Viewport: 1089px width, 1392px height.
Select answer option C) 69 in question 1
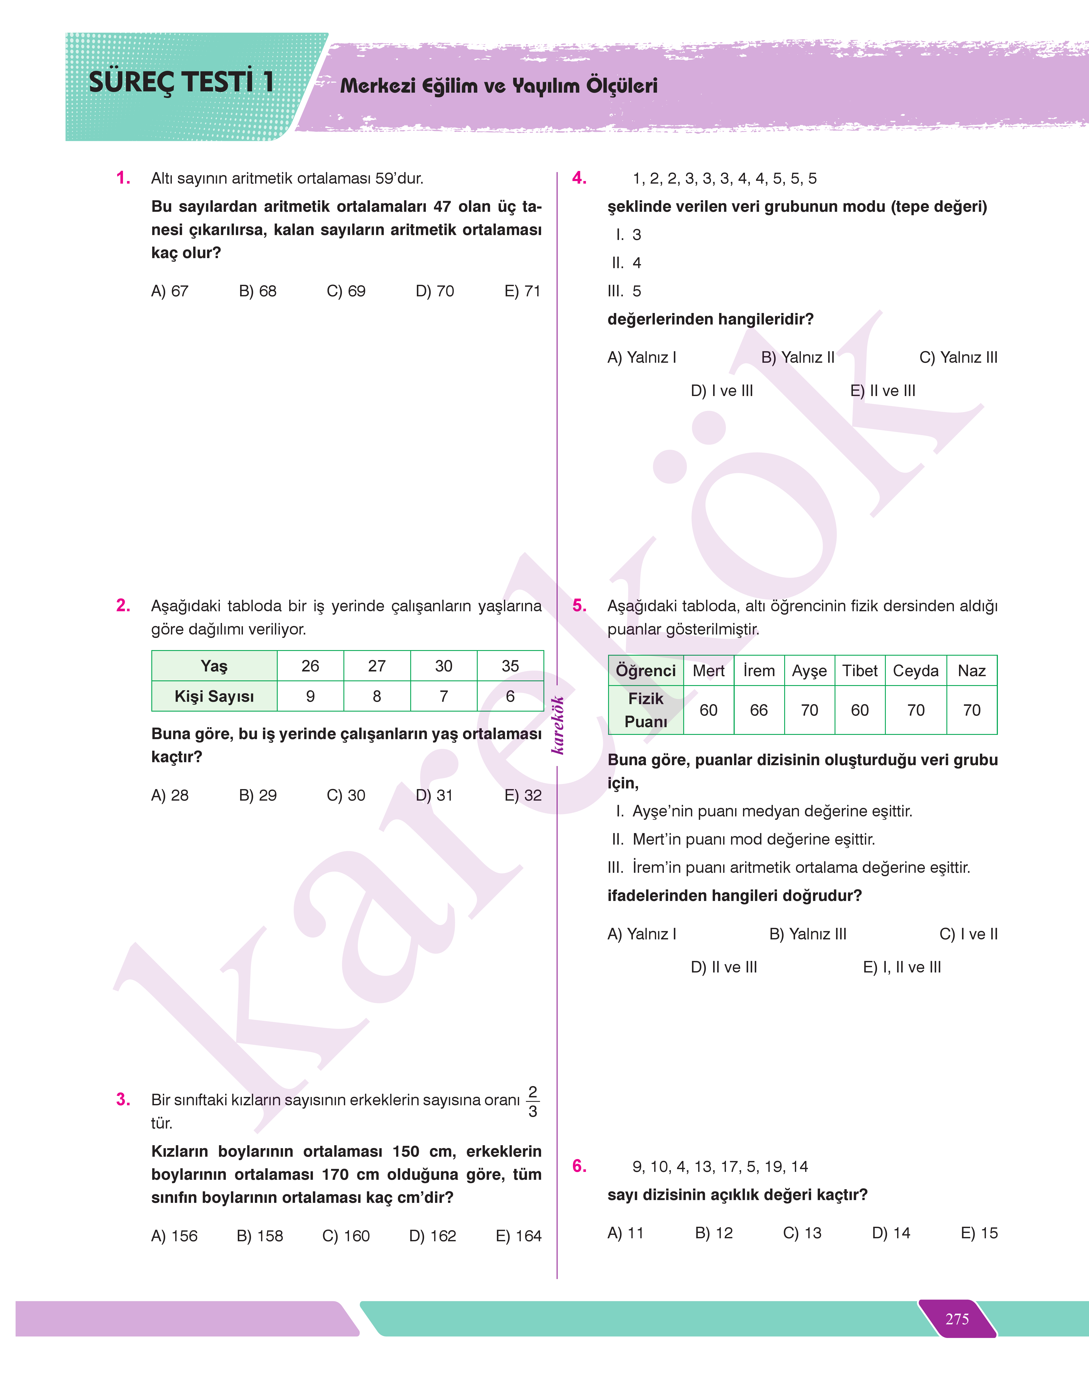click(346, 291)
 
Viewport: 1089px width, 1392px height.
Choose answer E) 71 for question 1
click(522, 291)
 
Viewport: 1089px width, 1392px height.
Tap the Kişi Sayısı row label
click(214, 696)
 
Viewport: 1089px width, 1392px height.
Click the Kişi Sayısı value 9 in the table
click(311, 696)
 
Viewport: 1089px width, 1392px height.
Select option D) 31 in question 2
click(434, 795)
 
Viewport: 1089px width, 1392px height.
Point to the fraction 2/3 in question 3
click(533, 1101)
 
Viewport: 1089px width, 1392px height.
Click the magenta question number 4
click(579, 178)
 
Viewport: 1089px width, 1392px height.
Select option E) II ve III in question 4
click(882, 391)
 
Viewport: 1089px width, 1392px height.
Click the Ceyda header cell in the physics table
click(916, 671)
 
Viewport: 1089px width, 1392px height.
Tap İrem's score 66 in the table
click(759, 710)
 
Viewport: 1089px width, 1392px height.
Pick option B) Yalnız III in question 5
click(808, 934)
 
